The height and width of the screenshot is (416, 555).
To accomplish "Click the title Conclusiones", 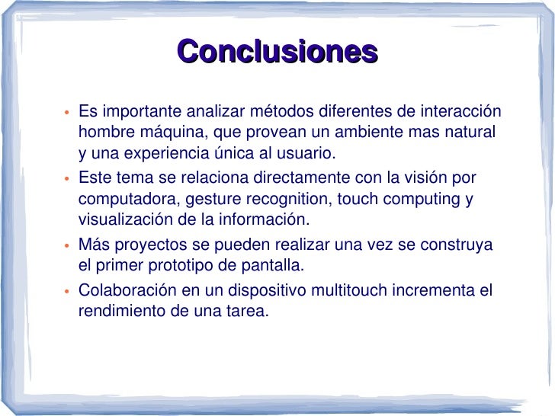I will pyautogui.click(x=277, y=53).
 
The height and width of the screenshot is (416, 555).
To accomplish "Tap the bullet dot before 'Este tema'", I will pyautogui.click(x=66, y=180).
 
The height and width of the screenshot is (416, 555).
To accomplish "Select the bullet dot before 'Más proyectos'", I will pyautogui.click(x=66, y=247).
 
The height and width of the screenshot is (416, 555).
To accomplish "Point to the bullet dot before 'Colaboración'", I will pyautogui.click(x=66, y=292).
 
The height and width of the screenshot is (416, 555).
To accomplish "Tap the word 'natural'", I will pyautogui.click(x=469, y=131).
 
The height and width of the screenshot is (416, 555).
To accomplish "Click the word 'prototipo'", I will pyautogui.click(x=180, y=267).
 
